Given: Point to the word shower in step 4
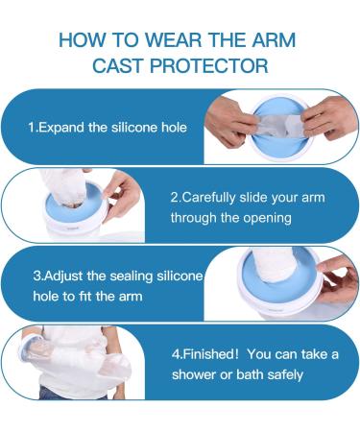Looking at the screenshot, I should click(198, 374).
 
